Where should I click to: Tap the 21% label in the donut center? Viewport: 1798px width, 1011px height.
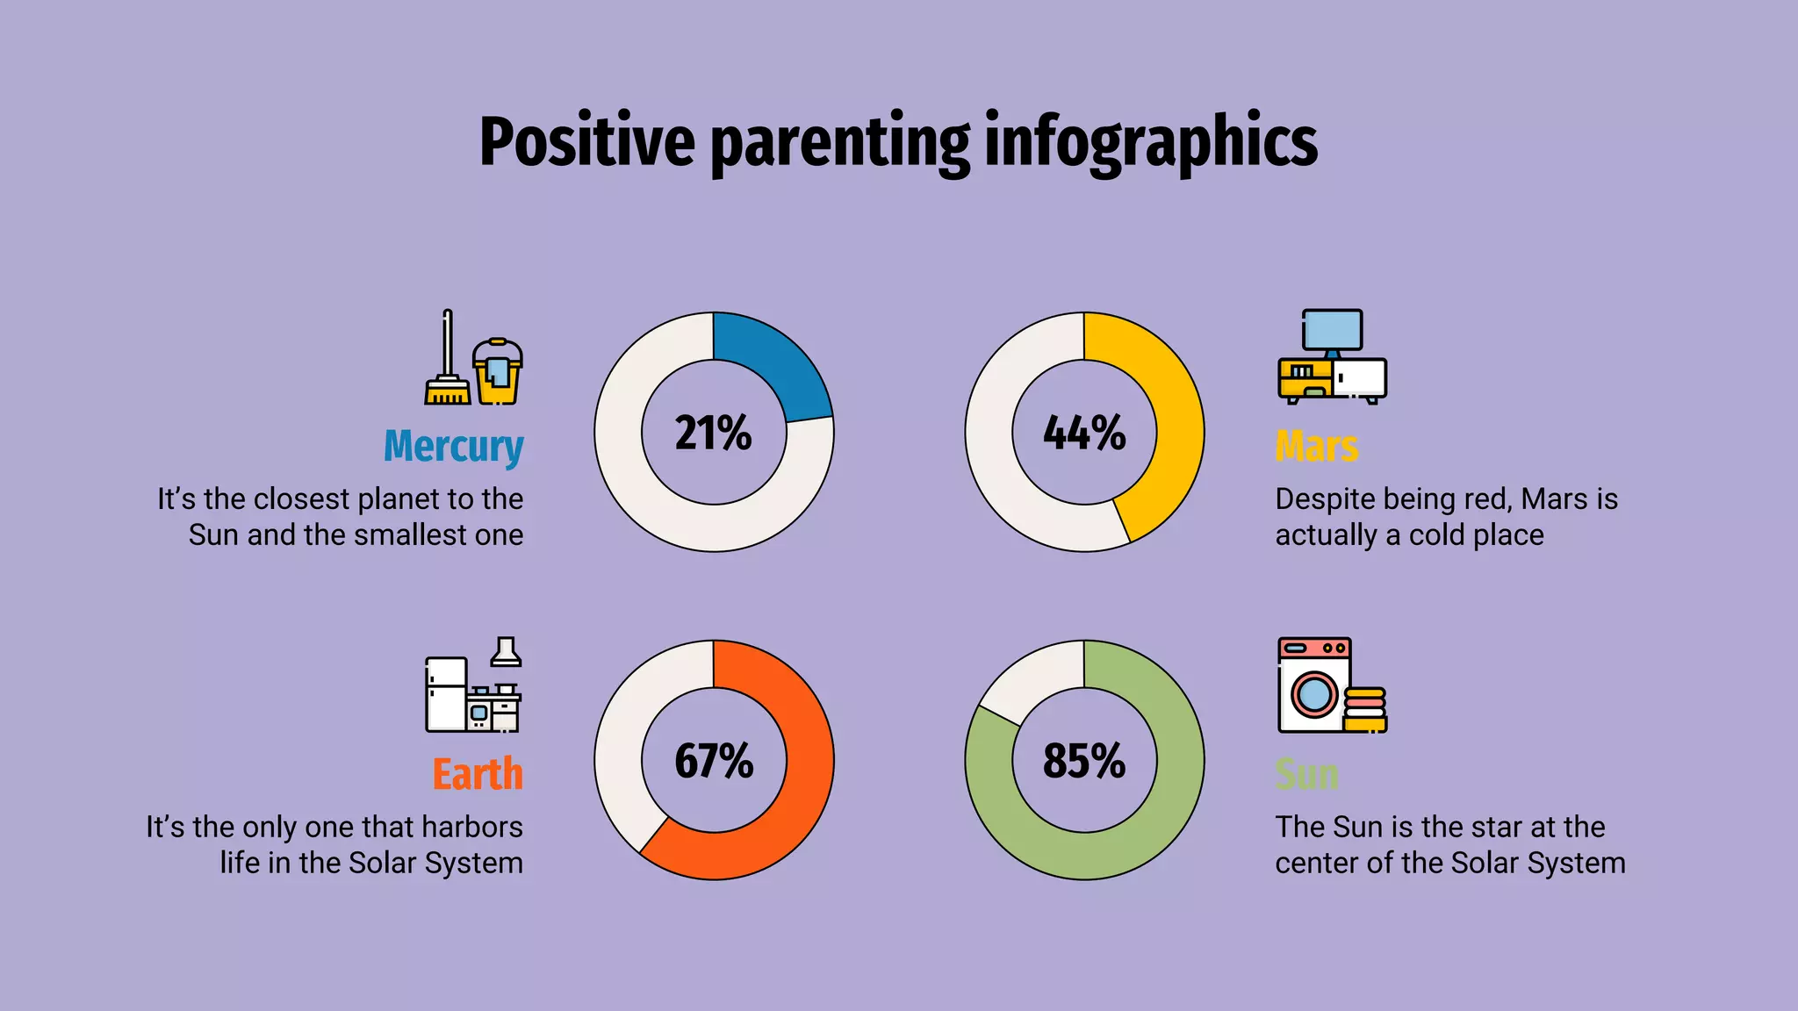point(713,433)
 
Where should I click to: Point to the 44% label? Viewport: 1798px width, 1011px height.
point(1084,433)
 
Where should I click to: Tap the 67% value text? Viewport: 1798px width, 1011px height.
point(713,761)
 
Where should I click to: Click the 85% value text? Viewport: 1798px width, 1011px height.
point(1084,761)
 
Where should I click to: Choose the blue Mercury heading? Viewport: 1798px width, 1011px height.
point(453,446)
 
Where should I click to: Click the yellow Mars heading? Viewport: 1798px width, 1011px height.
point(1316,446)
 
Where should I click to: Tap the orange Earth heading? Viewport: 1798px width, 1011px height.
point(478,774)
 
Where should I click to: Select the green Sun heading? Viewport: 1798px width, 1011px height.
point(1306,774)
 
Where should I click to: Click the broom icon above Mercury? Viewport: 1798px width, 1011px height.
point(447,369)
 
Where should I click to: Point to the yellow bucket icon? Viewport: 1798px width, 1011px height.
point(498,373)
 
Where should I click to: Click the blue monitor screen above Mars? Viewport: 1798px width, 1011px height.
point(1333,329)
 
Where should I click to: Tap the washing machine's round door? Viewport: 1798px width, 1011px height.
point(1313,694)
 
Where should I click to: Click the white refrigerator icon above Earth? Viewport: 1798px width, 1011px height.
point(445,695)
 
